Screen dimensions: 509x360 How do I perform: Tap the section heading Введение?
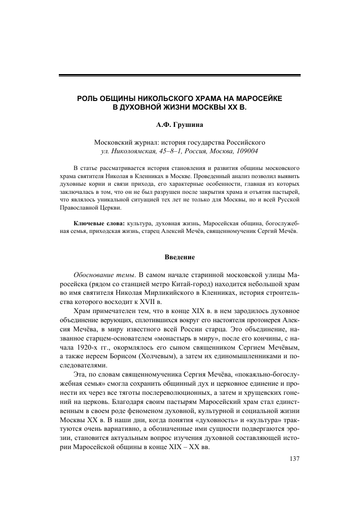tap(179, 257)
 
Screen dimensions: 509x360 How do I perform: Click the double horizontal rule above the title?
tap(179, 76)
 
